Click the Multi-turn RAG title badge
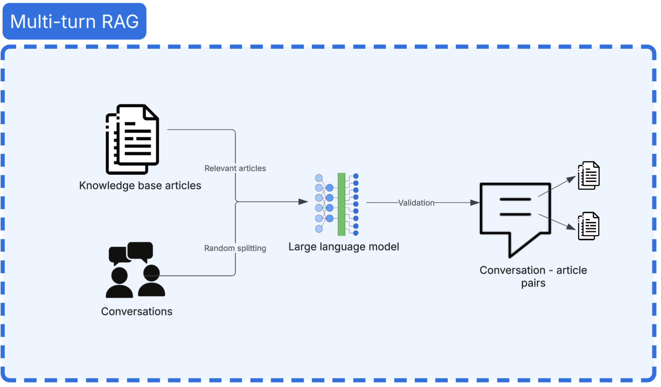74,21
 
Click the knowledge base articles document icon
132,139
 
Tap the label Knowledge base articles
140,186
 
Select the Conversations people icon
135,270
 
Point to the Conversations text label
137,312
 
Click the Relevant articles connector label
235,168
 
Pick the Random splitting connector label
235,248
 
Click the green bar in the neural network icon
341,204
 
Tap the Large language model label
344,247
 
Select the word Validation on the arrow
416,203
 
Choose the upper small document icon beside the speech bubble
589,176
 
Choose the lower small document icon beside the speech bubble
589,226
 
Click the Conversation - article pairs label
533,277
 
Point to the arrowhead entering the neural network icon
303,202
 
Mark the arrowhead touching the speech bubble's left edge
475,203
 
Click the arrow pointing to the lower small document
557,222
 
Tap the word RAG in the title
120,22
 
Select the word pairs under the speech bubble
533,283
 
